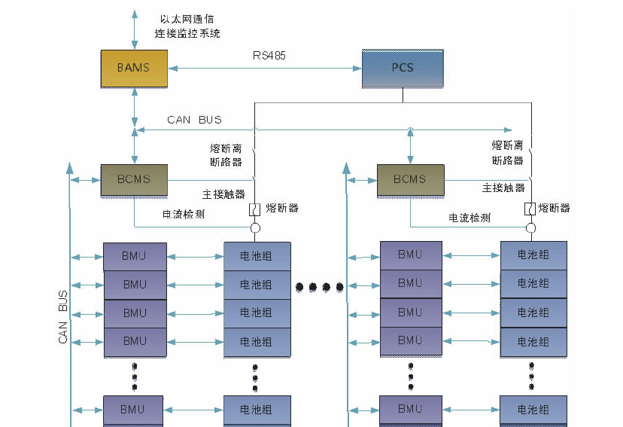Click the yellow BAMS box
click(x=133, y=68)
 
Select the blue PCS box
click(x=403, y=68)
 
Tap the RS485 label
click(x=269, y=56)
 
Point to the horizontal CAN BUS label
click(x=194, y=120)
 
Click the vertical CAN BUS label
click(x=63, y=317)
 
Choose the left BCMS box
click(x=134, y=179)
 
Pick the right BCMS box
click(x=410, y=179)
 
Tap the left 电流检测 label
click(x=184, y=215)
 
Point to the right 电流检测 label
click(x=470, y=218)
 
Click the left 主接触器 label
click(x=223, y=194)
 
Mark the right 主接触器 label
click(x=503, y=188)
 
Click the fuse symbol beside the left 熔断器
click(x=255, y=209)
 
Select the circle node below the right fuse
click(x=530, y=227)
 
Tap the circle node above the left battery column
click(x=255, y=227)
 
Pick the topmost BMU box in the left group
click(x=135, y=256)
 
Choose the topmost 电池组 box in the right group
click(x=533, y=255)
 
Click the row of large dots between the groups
click(x=319, y=287)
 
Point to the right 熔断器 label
click(x=555, y=209)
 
